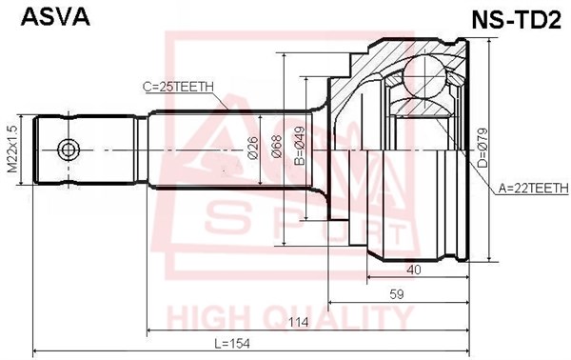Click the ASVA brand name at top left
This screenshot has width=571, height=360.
tap(55, 17)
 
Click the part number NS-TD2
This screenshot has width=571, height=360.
tap(517, 20)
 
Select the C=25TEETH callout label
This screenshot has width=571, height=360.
tap(178, 87)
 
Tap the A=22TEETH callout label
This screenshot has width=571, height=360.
tap(533, 188)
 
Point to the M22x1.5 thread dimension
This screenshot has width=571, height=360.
tap(12, 149)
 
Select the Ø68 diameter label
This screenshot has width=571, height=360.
tap(277, 147)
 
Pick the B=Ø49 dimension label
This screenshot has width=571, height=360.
tap(300, 146)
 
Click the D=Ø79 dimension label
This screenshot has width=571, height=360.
tap(482, 148)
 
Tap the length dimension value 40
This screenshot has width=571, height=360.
tap(414, 270)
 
